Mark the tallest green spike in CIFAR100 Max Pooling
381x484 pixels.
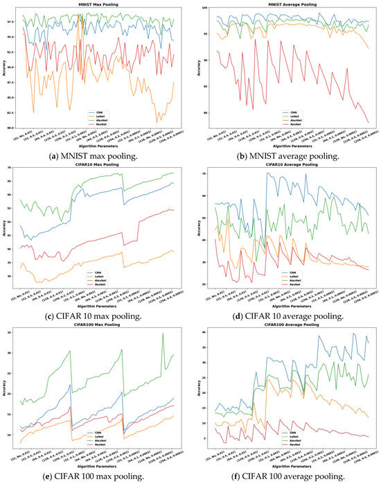pyautogui.click(x=163, y=334)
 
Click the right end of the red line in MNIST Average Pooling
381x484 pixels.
pyautogui.click(x=369, y=122)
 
